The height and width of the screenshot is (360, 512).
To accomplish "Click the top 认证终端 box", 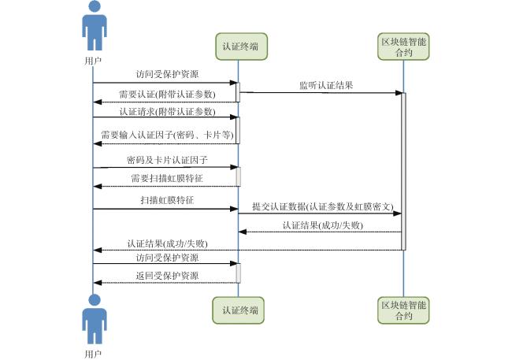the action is coord(241,46).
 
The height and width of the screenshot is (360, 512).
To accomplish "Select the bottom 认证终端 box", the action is coord(238,310).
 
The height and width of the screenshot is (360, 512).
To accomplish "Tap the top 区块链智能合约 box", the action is coord(403,46).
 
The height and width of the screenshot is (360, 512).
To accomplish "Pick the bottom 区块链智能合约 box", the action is coord(403,310).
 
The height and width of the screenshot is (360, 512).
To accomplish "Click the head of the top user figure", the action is coord(95,6).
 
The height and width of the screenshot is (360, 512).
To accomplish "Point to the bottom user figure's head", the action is coord(95,300).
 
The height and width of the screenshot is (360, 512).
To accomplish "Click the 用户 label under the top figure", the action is coord(93,61).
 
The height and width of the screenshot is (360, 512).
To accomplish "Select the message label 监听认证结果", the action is coord(326,86).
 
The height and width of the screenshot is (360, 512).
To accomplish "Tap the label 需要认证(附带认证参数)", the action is coord(167,95).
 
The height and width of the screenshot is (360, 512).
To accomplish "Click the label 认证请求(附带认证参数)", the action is coord(167,112).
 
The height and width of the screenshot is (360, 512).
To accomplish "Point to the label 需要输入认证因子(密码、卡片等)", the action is coord(167,135).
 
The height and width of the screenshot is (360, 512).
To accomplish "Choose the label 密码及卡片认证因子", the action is coord(167,160).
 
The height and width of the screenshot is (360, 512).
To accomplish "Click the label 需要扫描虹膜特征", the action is coord(167,178).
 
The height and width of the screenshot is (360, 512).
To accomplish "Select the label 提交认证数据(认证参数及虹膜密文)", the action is coord(323,206).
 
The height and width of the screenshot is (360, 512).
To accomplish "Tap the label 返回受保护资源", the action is coord(167,276).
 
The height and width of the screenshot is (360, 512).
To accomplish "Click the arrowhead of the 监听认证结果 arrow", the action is coord(399,93).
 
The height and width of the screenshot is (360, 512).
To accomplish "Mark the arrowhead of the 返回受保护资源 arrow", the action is coord(98,283).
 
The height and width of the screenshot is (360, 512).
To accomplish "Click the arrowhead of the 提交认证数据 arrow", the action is coord(397,213).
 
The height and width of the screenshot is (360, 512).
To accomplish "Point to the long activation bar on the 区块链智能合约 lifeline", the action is coord(403,172).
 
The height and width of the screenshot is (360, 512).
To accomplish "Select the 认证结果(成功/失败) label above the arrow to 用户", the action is coord(167,243).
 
